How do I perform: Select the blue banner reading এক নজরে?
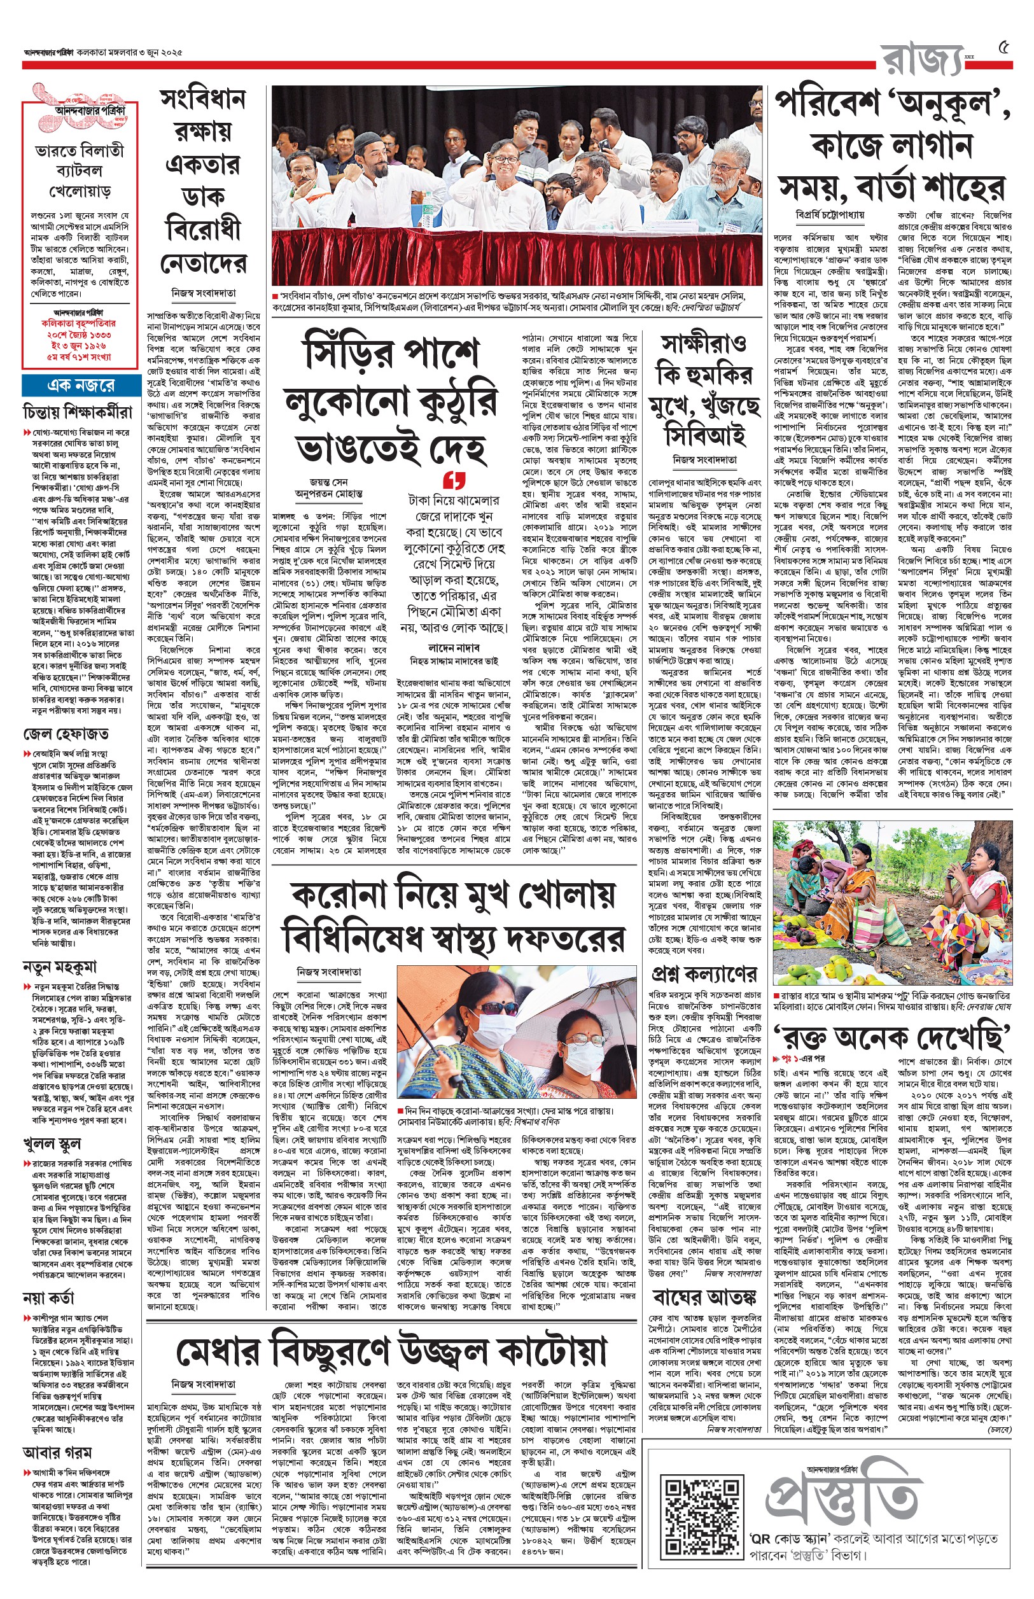pos(81,386)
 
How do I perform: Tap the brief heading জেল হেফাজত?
pos(66,734)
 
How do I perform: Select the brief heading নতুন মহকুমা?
pos(60,967)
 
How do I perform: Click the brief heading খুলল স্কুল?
pos(52,1143)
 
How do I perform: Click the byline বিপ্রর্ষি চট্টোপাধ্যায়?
pos(830,216)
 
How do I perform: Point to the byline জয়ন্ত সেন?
pos(329,482)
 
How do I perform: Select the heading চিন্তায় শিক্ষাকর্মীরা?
pos(78,412)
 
